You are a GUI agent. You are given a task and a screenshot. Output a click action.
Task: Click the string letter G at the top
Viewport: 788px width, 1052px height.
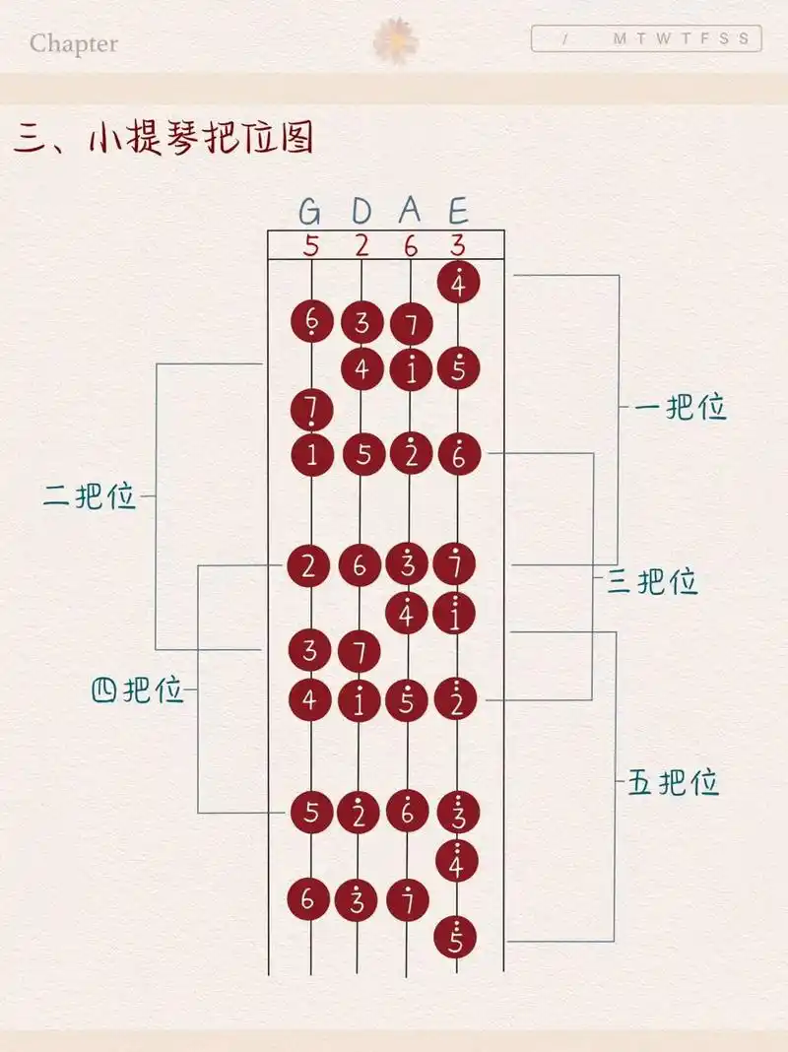click(x=310, y=211)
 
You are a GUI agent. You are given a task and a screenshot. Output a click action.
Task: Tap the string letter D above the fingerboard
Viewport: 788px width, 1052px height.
click(x=361, y=211)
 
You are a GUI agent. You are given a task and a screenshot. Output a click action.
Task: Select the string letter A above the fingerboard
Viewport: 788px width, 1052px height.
click(x=410, y=211)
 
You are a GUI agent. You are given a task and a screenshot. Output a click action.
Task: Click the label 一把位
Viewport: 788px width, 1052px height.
click(x=682, y=408)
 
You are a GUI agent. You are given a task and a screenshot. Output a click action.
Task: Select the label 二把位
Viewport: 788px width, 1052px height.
click(x=89, y=496)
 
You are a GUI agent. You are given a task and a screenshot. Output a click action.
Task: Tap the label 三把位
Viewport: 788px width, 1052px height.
click(x=652, y=582)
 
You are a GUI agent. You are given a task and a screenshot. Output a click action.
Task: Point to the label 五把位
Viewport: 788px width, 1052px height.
click(x=674, y=784)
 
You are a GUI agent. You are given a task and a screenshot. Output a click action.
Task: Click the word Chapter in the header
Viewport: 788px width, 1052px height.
click(x=74, y=43)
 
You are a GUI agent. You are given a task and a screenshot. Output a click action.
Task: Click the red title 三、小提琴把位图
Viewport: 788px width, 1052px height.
click(x=164, y=140)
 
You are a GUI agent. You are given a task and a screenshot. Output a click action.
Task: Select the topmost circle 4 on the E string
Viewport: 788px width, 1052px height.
click(x=457, y=284)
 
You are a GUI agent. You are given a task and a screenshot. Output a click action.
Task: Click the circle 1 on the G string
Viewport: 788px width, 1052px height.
click(x=312, y=454)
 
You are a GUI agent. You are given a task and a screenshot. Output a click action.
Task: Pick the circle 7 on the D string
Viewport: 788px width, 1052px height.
click(x=361, y=650)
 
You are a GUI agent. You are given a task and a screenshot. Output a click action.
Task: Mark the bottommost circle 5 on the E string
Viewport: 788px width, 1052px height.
click(x=455, y=938)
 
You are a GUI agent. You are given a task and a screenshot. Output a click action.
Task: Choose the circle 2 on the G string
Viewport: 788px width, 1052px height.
click(x=311, y=565)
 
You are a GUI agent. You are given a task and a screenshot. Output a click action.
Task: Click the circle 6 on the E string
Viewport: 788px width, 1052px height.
click(x=457, y=454)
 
